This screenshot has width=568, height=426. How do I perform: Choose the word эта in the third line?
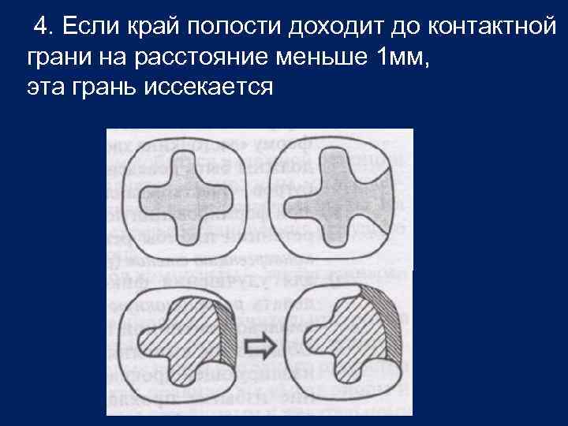(x=45, y=86)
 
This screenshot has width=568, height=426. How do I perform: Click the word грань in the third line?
(x=106, y=87)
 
